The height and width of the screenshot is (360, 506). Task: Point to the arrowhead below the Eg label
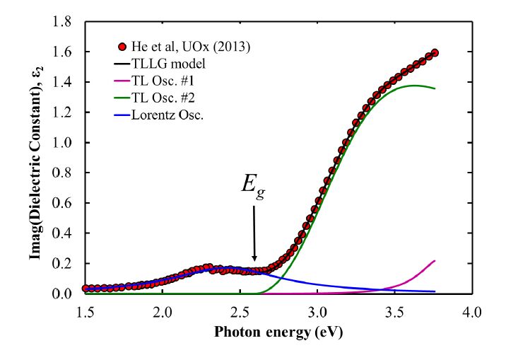pyautogui.click(x=254, y=259)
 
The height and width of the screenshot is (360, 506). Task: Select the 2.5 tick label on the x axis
pyautogui.click(x=240, y=311)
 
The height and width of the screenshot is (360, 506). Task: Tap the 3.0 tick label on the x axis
pyautogui.click(x=317, y=311)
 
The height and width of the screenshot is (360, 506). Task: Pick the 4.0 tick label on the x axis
pyautogui.click(x=471, y=311)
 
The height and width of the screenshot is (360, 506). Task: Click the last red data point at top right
pyautogui.click(x=435, y=52)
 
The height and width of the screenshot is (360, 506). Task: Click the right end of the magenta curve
pyautogui.click(x=435, y=261)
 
